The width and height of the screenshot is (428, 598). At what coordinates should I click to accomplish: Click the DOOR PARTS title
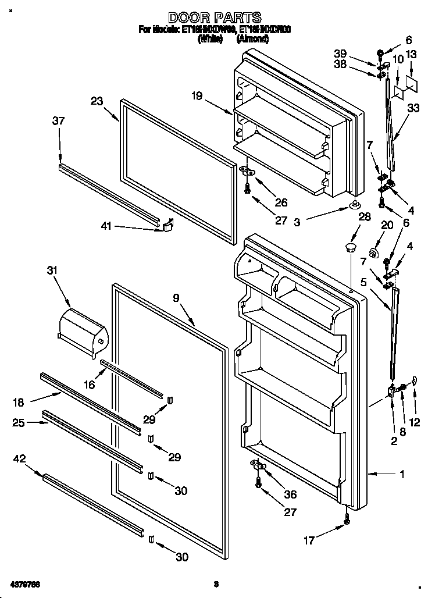coord(214,18)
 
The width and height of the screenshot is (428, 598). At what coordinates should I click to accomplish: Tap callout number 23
coord(97,101)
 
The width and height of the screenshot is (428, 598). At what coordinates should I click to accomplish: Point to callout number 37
coord(58,121)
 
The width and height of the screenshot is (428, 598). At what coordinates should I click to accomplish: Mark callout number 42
coord(19,459)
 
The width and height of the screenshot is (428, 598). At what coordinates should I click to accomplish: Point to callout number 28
coord(365,216)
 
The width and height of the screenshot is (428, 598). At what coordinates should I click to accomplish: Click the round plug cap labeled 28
coord(349,248)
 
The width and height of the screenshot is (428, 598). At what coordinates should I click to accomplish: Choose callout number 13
coord(411,54)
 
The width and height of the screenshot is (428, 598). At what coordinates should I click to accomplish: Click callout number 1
coord(401,475)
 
